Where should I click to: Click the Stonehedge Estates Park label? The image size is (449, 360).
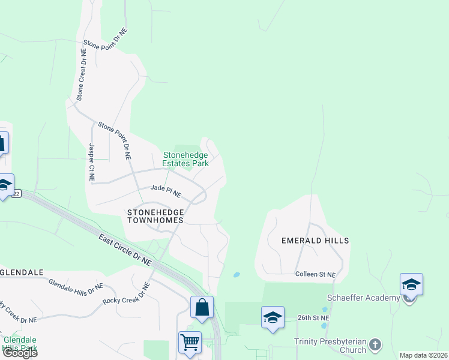186,158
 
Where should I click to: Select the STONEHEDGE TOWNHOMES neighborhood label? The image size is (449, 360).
155,216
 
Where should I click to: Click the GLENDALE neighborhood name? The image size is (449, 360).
22,272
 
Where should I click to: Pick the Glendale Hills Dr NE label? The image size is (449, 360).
76,287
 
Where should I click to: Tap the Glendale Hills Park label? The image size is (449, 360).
20,343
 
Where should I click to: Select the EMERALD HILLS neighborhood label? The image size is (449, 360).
315,240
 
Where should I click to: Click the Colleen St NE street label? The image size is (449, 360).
315,274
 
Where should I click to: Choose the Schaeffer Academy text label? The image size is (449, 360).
363,298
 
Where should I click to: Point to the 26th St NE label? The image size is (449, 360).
313,317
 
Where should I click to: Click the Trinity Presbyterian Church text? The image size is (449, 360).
330,346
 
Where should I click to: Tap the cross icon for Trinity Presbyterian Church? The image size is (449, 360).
375,345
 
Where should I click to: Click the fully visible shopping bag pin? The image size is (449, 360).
202,307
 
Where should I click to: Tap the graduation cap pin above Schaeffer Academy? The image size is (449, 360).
411,284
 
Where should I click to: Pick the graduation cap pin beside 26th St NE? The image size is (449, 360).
273,317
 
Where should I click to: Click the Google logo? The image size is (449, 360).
19,353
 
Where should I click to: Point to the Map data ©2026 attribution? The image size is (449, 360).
423,355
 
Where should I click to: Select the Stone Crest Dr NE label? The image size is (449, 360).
81,76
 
